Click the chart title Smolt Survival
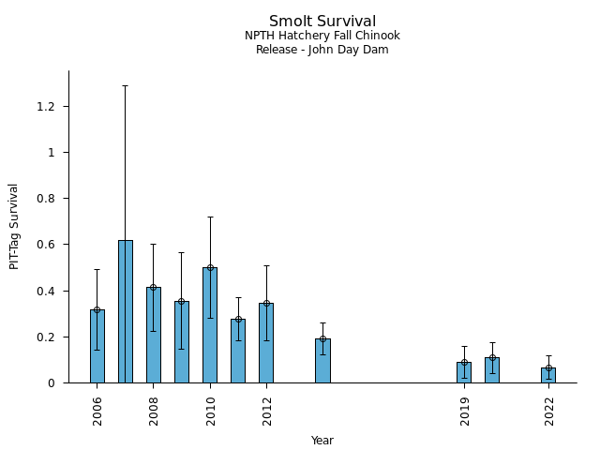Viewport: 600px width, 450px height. [322, 22]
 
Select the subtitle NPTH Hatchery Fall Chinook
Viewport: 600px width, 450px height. [322, 36]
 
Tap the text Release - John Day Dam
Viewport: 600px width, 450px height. [322, 50]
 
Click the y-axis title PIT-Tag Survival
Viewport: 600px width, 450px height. [14, 226]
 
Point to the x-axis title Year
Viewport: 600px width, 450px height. [322, 441]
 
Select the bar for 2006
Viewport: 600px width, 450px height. [97, 346]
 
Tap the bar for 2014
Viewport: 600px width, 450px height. [322, 361]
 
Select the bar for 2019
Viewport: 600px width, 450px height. [464, 372]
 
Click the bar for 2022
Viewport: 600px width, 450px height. [548, 375]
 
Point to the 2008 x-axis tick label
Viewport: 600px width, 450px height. [154, 410]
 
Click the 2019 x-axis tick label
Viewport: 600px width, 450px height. [465, 410]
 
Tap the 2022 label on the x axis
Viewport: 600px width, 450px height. [549, 410]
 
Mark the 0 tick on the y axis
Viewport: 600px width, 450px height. [52, 382]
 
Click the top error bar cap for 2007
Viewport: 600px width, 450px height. [125, 85]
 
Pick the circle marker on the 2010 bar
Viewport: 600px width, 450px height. [210, 267]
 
